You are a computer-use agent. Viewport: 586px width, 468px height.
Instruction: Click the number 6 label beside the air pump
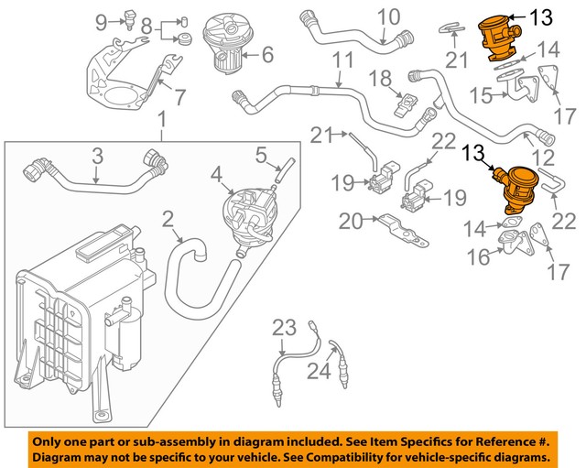267,55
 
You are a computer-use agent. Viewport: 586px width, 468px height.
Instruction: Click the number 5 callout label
260,153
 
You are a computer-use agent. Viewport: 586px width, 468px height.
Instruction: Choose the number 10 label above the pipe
389,16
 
